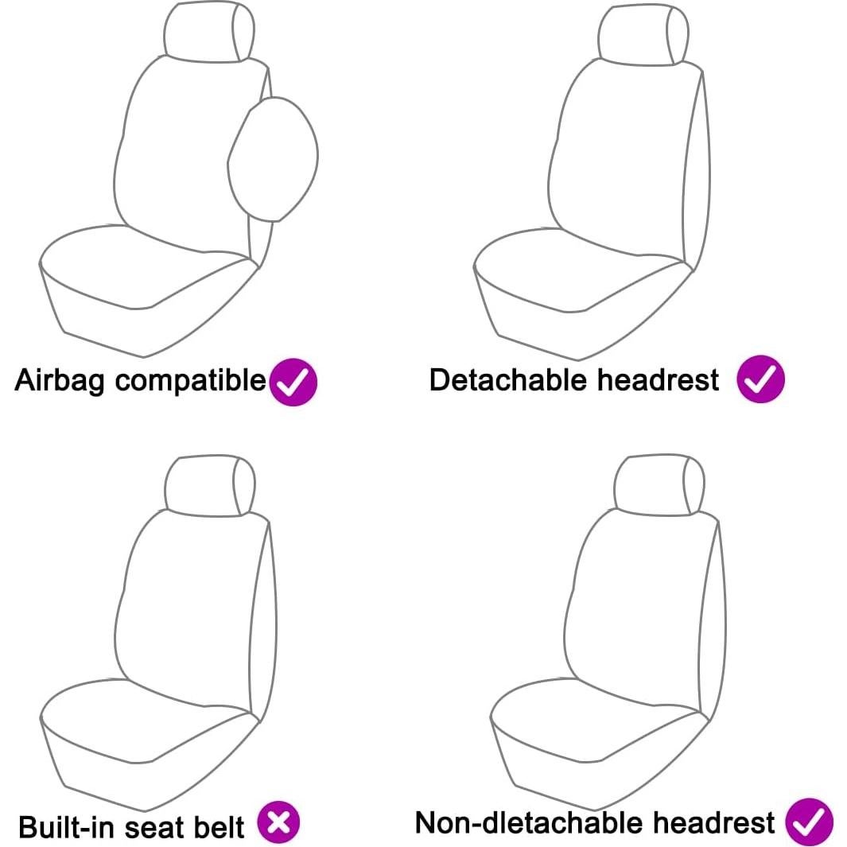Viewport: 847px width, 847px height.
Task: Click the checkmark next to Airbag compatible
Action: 293,383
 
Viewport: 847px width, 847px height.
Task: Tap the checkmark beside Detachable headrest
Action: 760,379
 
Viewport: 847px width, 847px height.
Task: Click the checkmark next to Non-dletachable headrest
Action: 809,822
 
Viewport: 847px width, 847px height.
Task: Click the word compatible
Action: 190,382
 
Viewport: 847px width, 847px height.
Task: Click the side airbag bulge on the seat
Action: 273,158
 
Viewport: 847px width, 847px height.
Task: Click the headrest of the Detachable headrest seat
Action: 643,34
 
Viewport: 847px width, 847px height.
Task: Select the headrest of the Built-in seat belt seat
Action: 208,484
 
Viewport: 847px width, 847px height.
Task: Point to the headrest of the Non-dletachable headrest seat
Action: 659,486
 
